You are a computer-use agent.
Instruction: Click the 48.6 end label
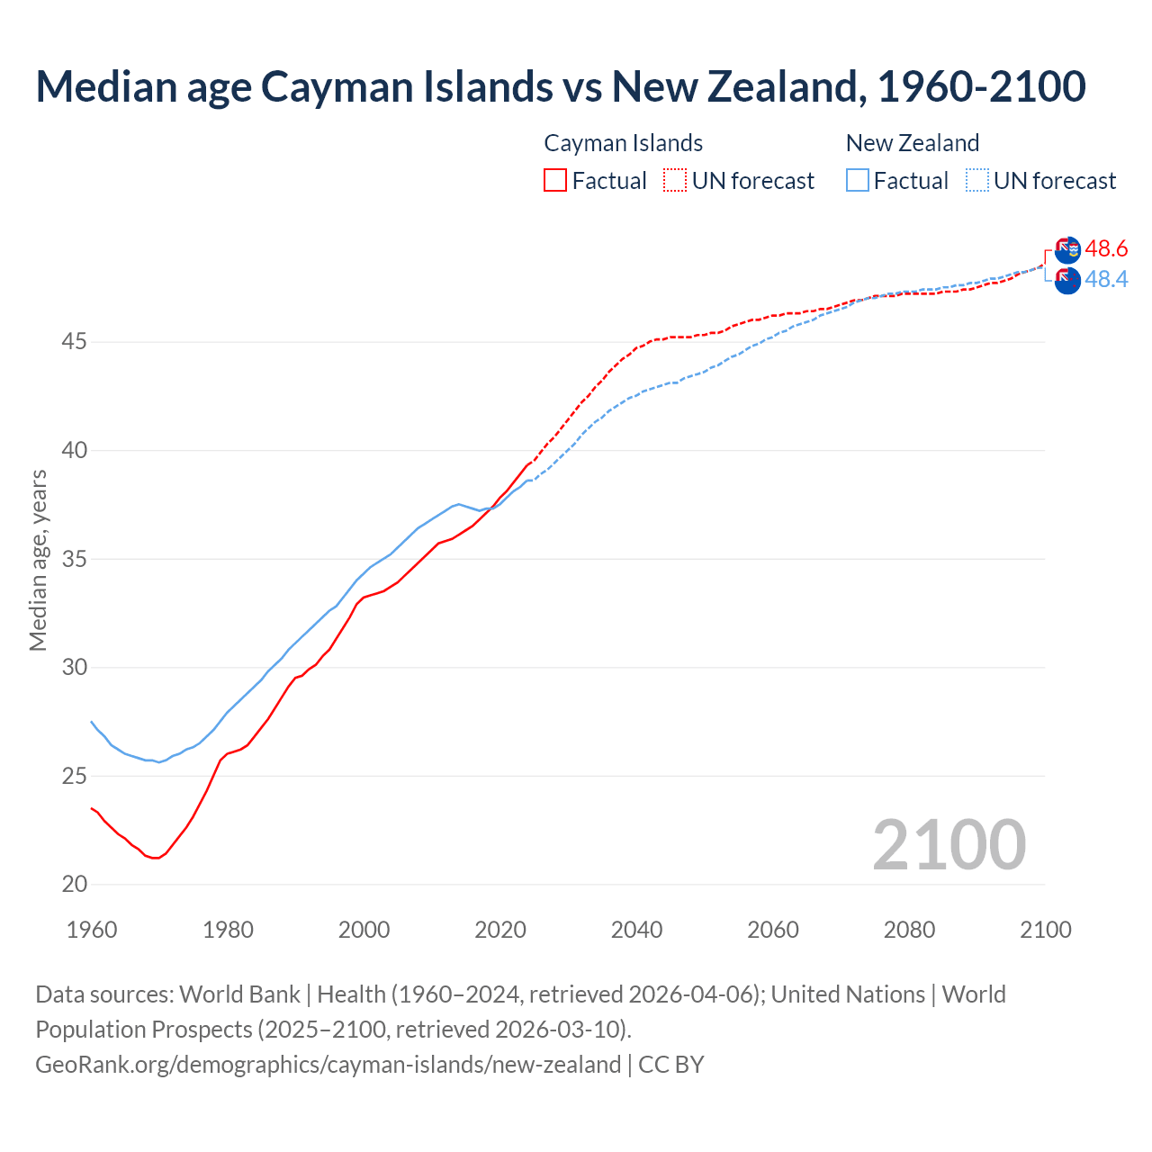pyautogui.click(x=1106, y=248)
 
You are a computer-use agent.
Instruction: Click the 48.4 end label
pyautogui.click(x=1106, y=280)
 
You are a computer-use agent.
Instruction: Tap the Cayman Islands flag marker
pyautogui.click(x=1067, y=250)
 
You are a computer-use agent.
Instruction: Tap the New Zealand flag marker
pyautogui.click(x=1067, y=281)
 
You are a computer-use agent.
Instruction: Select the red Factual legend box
pyautogui.click(x=555, y=180)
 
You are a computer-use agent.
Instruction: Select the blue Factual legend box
pyautogui.click(x=858, y=180)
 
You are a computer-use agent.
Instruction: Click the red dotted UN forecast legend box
pyautogui.click(x=675, y=180)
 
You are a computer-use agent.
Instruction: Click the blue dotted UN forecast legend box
pyautogui.click(x=977, y=180)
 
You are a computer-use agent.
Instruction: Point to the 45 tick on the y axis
pyautogui.click(x=75, y=342)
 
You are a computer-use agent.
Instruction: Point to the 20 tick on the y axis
pyautogui.click(x=75, y=885)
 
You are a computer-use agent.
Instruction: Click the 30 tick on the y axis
pyautogui.click(x=75, y=668)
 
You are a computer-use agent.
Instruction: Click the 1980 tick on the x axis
pyautogui.click(x=228, y=930)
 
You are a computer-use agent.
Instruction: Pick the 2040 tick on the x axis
pyautogui.click(x=636, y=930)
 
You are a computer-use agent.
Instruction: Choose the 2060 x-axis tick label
pyautogui.click(x=773, y=930)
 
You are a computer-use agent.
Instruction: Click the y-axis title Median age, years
pyautogui.click(x=38, y=560)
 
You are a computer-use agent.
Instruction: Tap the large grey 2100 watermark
pyautogui.click(x=949, y=845)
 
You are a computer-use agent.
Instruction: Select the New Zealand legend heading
pyautogui.click(x=912, y=143)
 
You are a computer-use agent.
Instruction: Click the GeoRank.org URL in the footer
pyautogui.click(x=328, y=1065)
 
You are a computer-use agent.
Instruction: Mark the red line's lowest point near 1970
pyautogui.click(x=156, y=858)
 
